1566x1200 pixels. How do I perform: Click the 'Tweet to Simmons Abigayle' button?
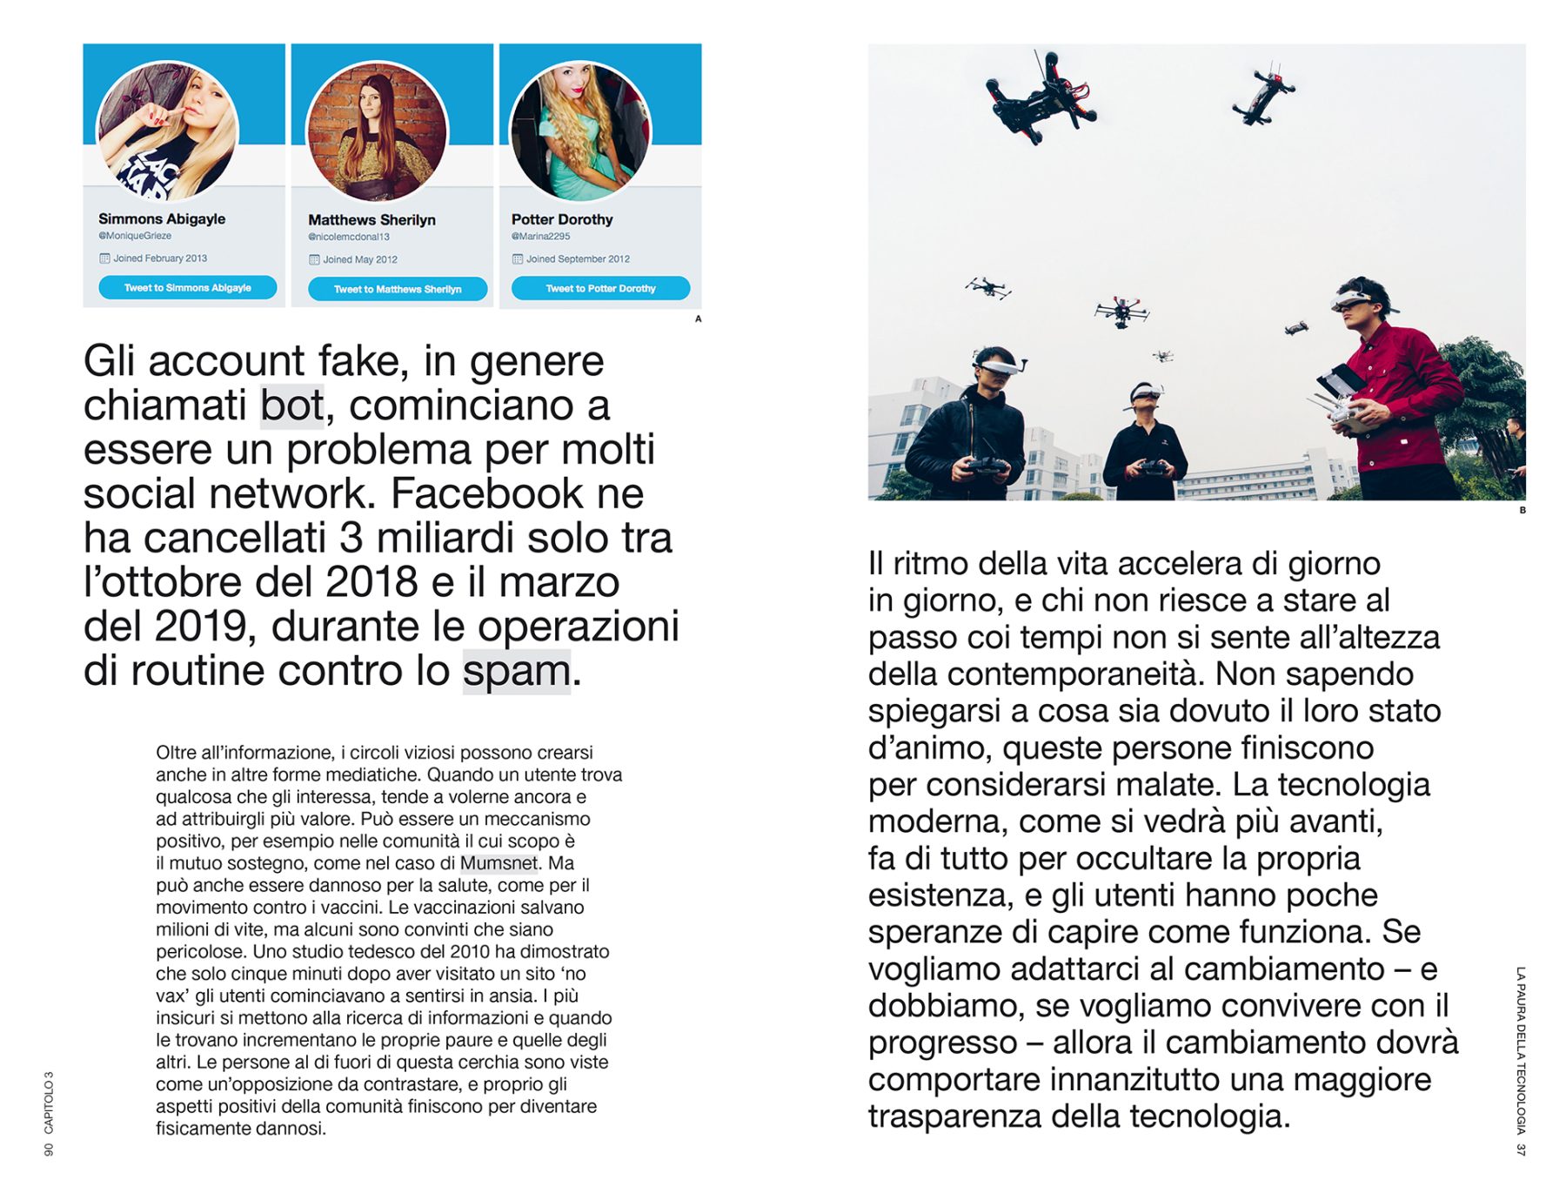click(x=187, y=287)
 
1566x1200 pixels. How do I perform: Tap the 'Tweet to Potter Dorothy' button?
click(x=600, y=288)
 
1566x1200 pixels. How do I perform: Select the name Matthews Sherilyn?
click(x=371, y=220)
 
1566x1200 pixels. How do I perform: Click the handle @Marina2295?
click(x=540, y=236)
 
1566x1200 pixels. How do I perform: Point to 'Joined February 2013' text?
click(x=160, y=258)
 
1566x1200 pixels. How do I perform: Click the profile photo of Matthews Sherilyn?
click(x=377, y=131)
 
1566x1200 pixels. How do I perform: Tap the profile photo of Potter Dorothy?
click(x=580, y=131)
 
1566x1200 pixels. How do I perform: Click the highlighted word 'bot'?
click(x=292, y=406)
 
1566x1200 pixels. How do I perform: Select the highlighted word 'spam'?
click(x=516, y=671)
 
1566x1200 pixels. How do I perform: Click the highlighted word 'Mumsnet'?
click(x=499, y=863)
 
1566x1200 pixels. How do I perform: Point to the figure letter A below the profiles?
click(x=698, y=319)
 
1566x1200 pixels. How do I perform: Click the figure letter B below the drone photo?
click(x=1522, y=510)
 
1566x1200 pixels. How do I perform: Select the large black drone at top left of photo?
click(x=1041, y=97)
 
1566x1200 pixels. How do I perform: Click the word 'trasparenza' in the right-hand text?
click(x=954, y=1116)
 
